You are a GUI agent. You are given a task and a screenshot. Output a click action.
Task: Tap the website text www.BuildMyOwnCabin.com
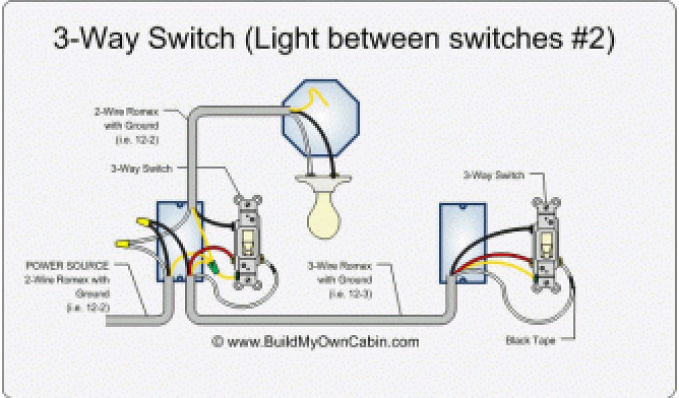(x=316, y=342)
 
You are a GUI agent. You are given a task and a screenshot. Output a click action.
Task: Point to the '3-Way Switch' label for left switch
(x=141, y=168)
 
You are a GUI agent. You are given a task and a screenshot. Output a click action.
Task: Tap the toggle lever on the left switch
(x=249, y=240)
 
